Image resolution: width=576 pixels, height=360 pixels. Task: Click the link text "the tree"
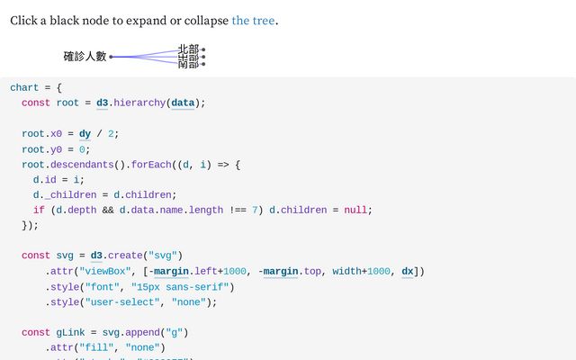point(253,20)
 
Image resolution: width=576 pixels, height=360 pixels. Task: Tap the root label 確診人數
point(85,56)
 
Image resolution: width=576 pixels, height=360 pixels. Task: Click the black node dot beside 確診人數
point(112,57)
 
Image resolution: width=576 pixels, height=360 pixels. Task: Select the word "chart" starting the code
point(24,87)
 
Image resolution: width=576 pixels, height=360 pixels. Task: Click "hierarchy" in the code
point(140,103)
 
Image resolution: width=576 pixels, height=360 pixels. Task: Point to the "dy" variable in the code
point(85,134)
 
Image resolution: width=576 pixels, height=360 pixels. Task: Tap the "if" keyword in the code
point(39,210)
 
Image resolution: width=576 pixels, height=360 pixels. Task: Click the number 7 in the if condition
point(255,210)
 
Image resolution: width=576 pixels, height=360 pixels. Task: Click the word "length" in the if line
point(206,210)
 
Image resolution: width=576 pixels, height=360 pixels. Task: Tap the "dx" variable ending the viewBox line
point(407,271)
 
